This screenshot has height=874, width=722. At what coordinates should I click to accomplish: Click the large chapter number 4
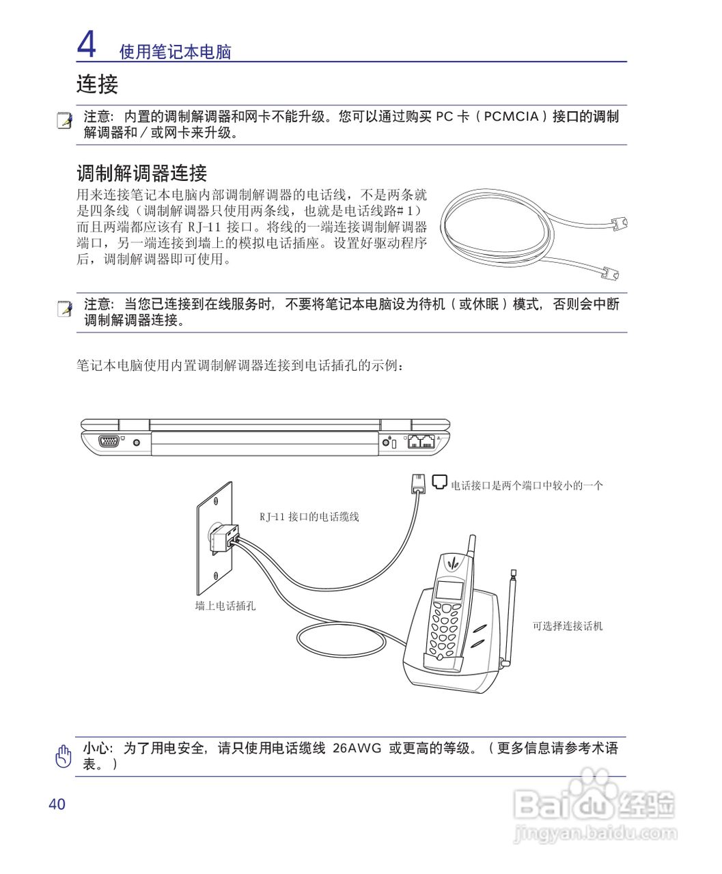point(86,44)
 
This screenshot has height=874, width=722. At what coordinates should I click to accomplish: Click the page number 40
point(57,804)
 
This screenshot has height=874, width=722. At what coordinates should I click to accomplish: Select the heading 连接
point(97,85)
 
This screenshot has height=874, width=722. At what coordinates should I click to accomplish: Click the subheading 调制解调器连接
point(141,173)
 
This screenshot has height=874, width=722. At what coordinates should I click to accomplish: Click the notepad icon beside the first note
point(65,121)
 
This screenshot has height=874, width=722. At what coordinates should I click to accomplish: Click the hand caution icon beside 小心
point(64,756)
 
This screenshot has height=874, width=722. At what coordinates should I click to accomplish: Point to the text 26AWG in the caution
point(357,748)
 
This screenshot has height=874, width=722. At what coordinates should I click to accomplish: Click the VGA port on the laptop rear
point(109,442)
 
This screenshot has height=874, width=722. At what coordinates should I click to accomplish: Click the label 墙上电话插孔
point(225,606)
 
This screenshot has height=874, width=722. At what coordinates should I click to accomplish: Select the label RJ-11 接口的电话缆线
point(309,517)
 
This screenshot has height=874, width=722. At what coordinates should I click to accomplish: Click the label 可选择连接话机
point(567,625)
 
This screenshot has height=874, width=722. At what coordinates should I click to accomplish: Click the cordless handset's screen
point(449,589)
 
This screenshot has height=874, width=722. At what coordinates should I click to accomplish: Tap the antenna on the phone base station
point(510,615)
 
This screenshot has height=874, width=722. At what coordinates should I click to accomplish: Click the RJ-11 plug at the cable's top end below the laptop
point(417,483)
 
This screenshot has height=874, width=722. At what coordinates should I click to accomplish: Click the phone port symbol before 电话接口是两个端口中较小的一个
point(440,482)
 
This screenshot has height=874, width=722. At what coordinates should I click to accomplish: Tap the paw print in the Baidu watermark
point(592,789)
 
